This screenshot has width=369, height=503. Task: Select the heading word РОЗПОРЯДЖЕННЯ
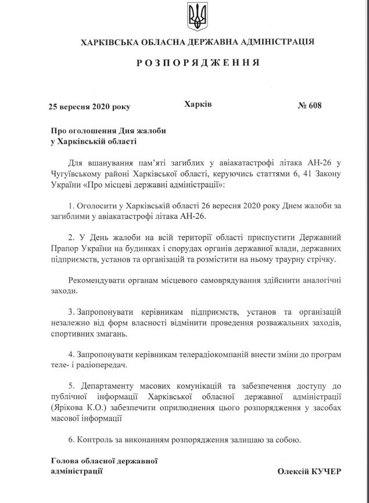point(197,62)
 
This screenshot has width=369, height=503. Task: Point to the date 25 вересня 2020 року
point(89,107)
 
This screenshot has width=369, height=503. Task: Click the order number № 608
point(309,106)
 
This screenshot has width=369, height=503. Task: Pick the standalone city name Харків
point(198,105)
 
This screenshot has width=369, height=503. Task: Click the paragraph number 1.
point(71,207)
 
